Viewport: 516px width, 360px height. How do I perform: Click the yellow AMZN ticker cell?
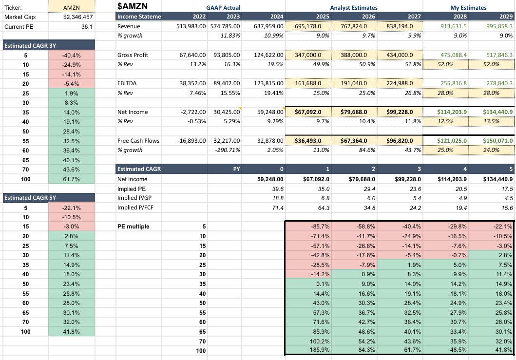click(x=72, y=8)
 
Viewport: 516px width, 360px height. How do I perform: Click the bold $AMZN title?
click(x=133, y=7)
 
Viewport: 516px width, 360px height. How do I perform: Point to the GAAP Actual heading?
click(x=224, y=8)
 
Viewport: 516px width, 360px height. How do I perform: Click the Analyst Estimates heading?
click(x=354, y=8)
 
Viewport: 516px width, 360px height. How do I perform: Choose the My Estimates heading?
click(x=467, y=8)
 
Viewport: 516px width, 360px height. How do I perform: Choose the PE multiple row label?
click(x=134, y=227)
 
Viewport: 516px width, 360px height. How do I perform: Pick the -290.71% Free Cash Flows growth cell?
click(x=225, y=150)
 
